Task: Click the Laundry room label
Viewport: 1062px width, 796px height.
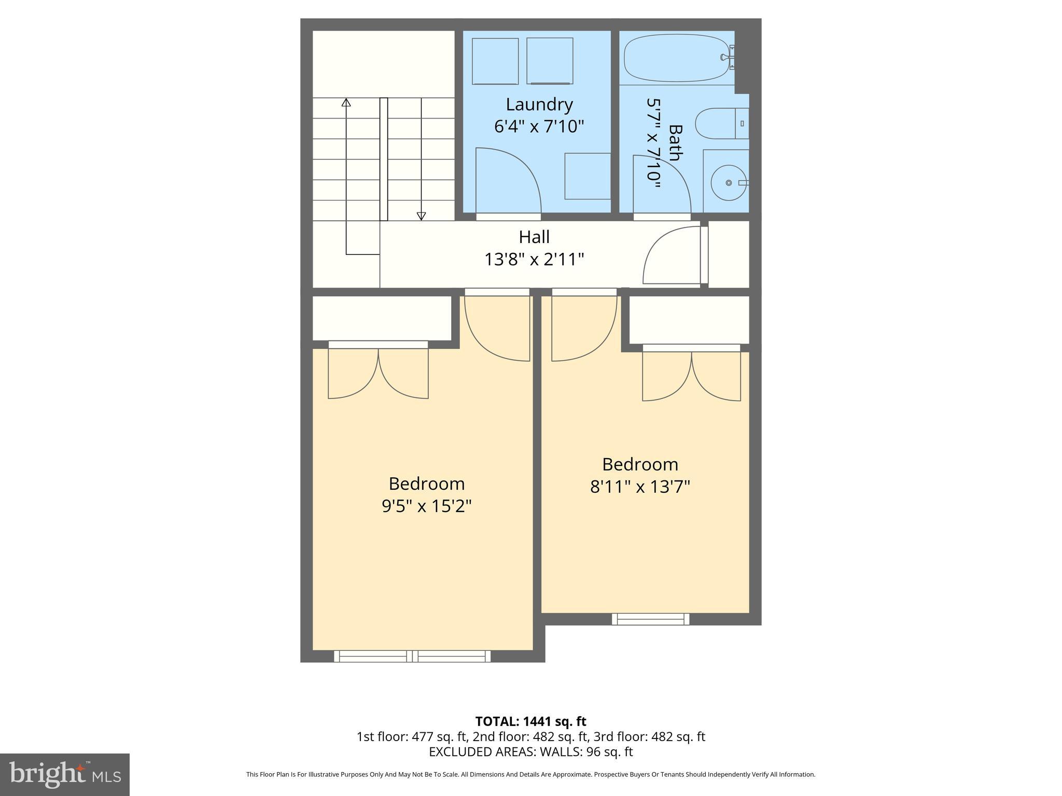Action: tap(539, 105)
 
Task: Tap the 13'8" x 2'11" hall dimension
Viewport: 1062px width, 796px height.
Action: tap(534, 259)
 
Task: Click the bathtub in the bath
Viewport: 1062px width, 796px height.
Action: tap(677, 58)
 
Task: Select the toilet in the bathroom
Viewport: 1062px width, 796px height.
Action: tap(721, 123)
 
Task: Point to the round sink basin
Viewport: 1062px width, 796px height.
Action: tap(729, 183)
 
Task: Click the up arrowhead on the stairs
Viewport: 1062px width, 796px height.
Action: tap(346, 103)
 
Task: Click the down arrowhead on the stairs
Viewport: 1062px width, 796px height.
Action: tap(421, 216)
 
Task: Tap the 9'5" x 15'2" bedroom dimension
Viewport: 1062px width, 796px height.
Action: tap(426, 506)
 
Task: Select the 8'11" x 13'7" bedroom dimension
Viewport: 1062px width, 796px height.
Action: tap(640, 487)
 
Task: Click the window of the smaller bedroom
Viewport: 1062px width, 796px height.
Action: tap(650, 619)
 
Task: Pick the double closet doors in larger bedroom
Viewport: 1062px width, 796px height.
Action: tap(379, 372)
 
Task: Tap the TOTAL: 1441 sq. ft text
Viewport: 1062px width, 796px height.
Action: tap(530, 721)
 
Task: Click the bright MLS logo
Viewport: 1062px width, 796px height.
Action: tap(64, 774)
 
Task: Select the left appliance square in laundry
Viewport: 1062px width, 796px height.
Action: tap(495, 61)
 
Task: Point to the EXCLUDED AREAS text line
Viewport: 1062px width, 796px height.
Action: tap(530, 751)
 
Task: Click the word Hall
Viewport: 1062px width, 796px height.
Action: tap(534, 237)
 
